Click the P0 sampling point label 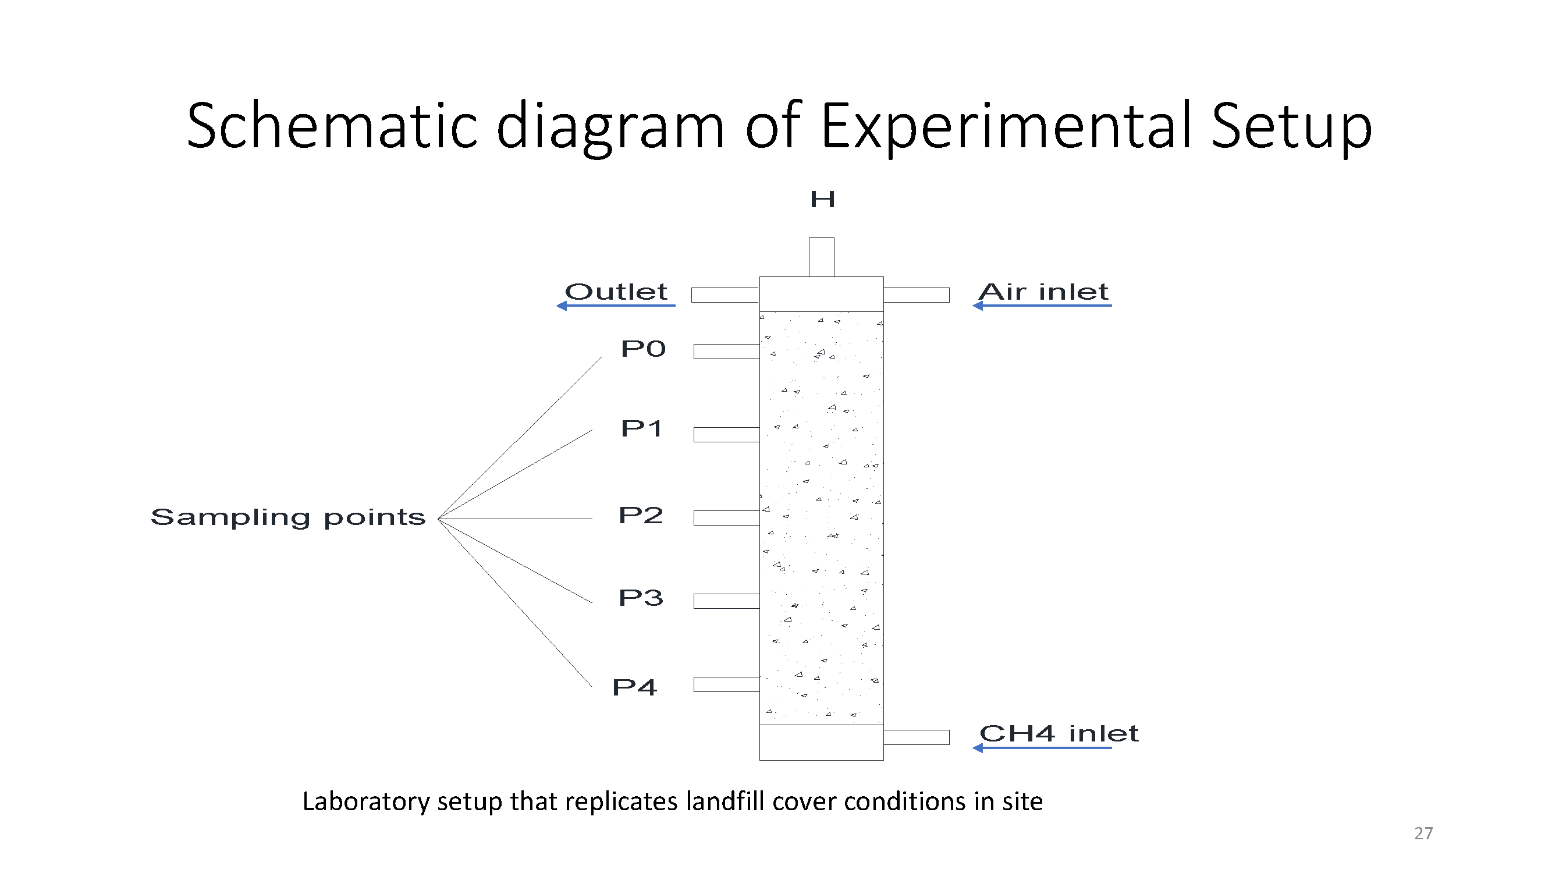643,349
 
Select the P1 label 642,428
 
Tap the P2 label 641,515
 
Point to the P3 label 641,598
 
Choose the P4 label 634,687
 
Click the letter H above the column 822,199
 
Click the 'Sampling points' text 288,517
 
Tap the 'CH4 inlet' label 1059,734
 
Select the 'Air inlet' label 1043,292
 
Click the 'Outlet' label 616,292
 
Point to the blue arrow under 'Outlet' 616,306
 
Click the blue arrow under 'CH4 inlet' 1042,748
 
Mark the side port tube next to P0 727,352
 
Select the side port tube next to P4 727,684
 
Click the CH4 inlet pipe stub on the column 917,737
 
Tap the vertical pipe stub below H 822,257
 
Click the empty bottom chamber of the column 821,742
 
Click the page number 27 1423,833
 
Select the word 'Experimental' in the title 1006,126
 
